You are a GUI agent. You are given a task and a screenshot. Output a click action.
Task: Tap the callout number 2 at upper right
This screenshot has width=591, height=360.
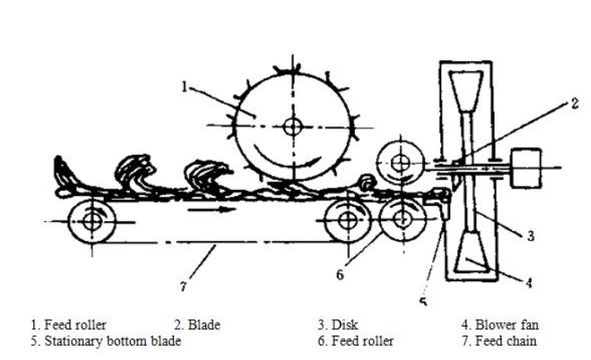pos(574,104)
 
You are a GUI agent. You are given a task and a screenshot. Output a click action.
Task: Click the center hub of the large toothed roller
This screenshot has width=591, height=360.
pos(292,127)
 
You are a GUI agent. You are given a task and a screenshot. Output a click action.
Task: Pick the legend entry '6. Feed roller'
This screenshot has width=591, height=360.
pos(355,342)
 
